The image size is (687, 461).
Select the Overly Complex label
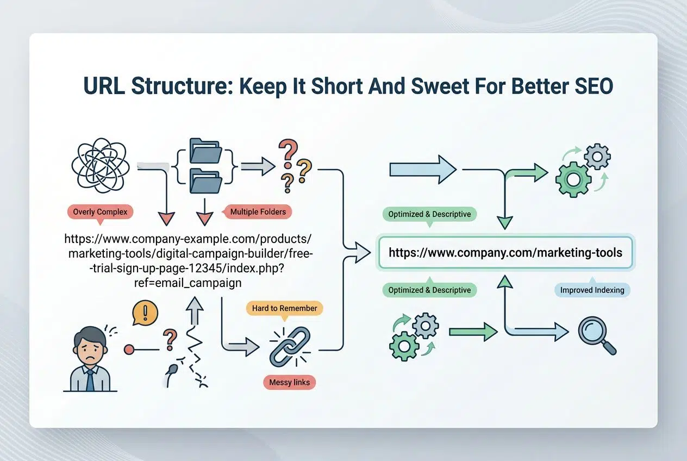[99, 211]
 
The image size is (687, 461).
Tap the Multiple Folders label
[258, 211]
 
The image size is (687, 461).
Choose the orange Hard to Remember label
[284, 308]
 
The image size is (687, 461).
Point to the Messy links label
[289, 382]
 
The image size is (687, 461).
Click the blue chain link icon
[290, 346]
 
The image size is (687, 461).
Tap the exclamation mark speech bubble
[145, 314]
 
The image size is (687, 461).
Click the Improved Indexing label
[592, 290]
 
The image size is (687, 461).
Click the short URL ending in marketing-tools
[505, 253]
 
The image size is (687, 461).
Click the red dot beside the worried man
[129, 350]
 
